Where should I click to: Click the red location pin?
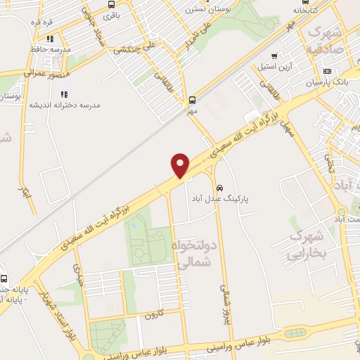click(181, 165)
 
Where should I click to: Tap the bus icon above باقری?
click(111, 4)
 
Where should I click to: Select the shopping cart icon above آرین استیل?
click(274, 56)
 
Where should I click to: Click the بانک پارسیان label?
click(327, 82)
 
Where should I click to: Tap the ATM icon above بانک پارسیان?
click(327, 71)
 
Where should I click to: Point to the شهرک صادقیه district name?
click(326, 41)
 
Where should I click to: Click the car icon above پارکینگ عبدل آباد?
click(220, 188)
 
